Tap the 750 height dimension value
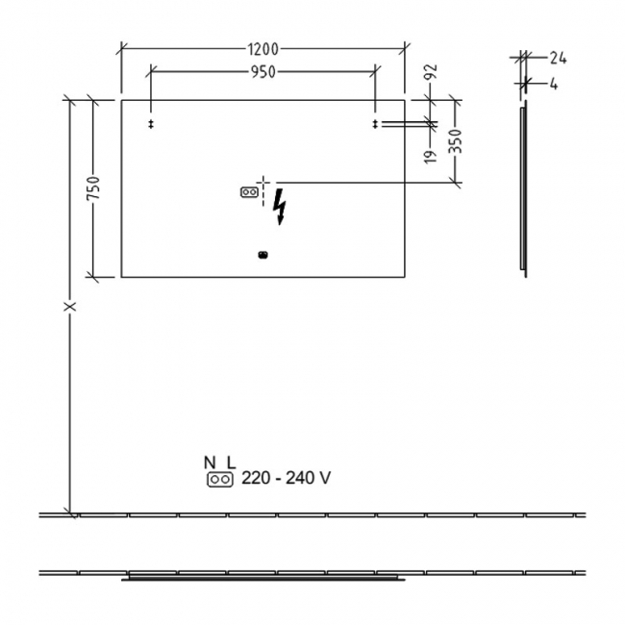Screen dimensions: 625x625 (x=93, y=188)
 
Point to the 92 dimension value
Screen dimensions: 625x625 (x=431, y=73)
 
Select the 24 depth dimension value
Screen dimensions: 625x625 (x=559, y=58)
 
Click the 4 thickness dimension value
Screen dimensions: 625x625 (x=555, y=84)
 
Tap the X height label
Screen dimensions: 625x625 (x=68, y=307)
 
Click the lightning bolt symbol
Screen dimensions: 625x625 (x=280, y=206)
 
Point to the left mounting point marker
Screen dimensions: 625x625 (x=151, y=124)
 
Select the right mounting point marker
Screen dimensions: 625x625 (x=374, y=124)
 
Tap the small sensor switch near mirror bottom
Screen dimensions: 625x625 (x=262, y=255)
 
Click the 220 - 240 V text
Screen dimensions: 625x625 (x=287, y=478)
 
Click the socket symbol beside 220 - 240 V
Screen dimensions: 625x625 (x=220, y=479)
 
